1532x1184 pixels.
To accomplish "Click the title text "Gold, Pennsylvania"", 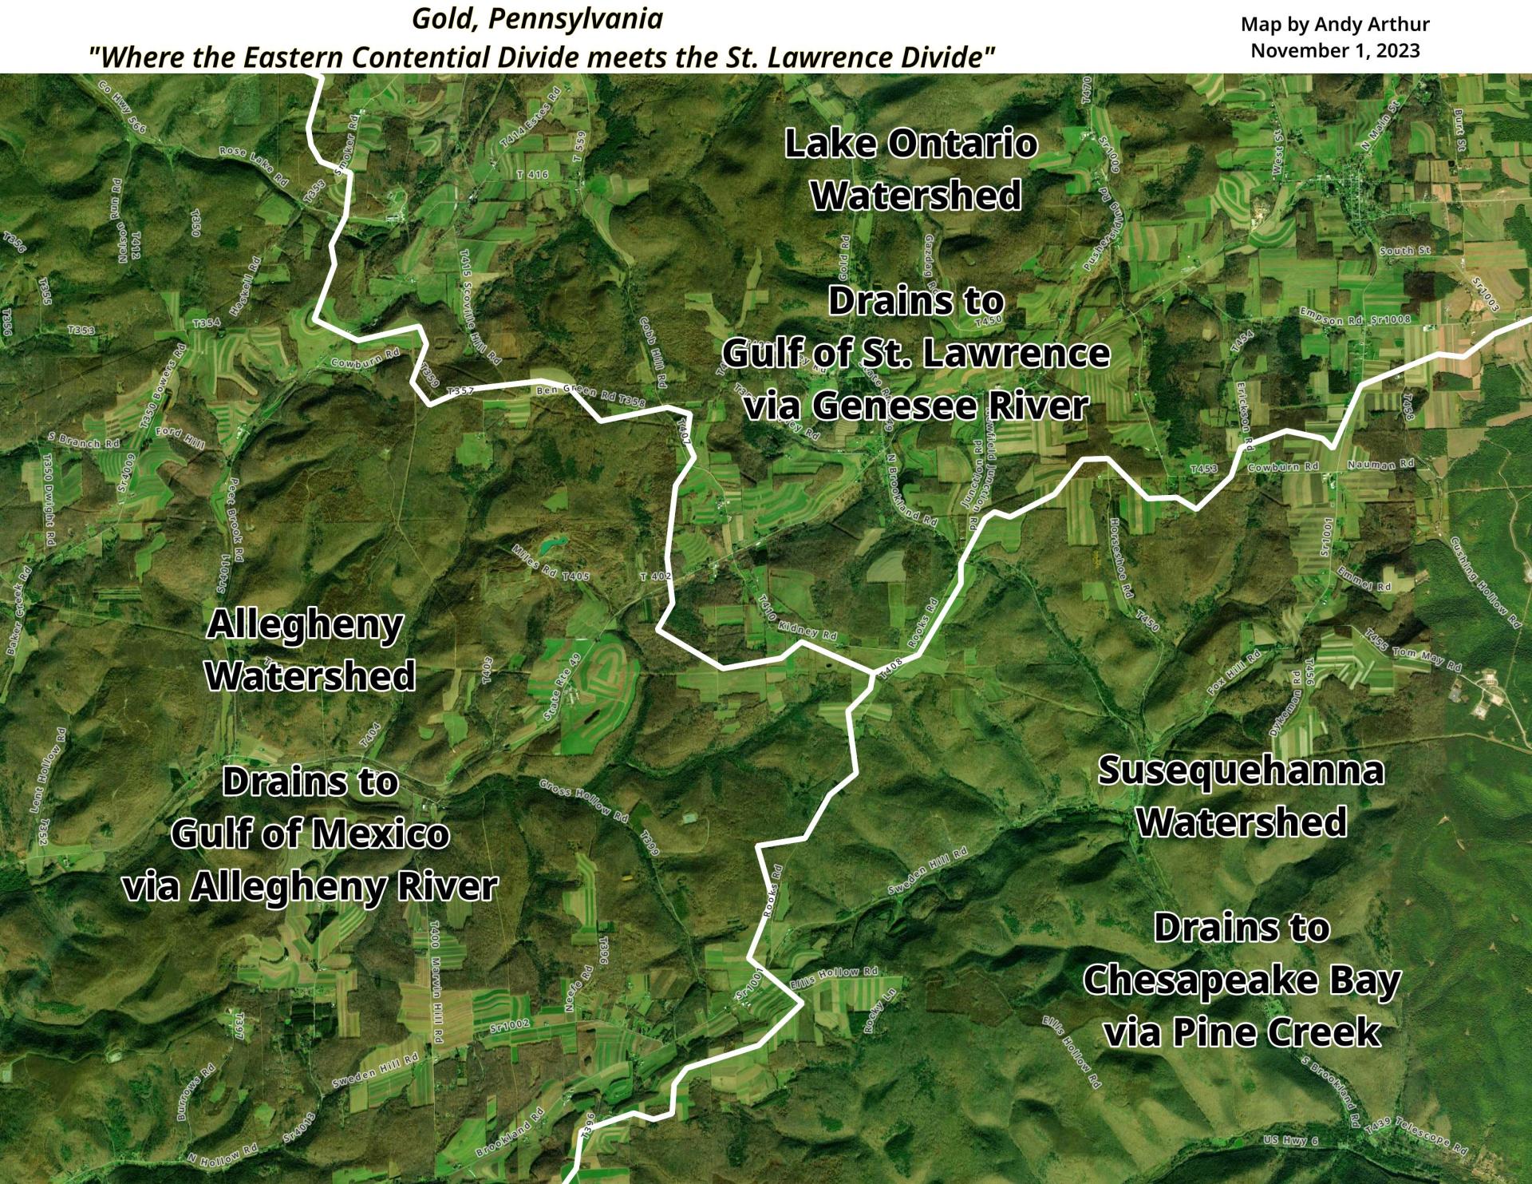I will point(537,19).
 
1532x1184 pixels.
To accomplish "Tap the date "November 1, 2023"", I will point(1335,50).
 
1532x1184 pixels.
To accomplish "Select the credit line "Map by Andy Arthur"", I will point(1335,25).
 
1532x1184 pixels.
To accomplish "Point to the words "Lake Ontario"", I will point(911,144).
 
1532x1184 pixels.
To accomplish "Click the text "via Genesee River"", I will point(916,406).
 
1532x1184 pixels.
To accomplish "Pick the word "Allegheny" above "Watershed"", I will point(305,624).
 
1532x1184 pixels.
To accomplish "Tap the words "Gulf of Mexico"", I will point(310,834).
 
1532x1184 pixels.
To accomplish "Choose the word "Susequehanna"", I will point(1241,770).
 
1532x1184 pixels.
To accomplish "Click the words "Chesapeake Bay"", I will point(1241,980).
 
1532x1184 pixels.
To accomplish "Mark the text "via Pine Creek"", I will point(1241,1032).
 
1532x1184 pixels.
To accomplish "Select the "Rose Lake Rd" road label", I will point(254,165).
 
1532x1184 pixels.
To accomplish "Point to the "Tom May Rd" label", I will point(1427,658).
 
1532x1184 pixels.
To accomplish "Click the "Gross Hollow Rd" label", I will point(584,800).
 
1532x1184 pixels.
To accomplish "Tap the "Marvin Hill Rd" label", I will point(436,1002).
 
